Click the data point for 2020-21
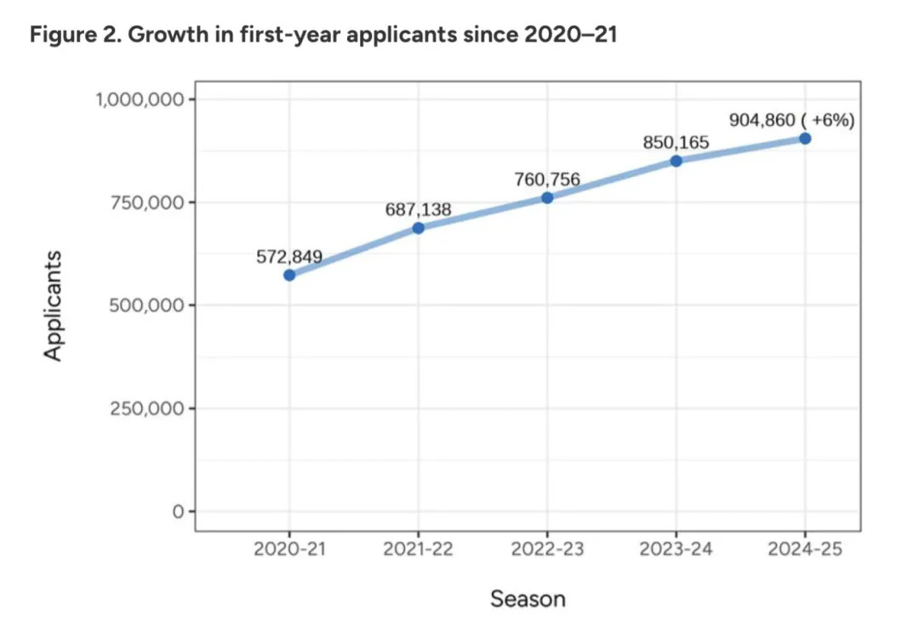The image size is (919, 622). point(289,275)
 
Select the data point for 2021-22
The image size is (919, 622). point(418,228)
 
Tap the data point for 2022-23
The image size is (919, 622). point(547,197)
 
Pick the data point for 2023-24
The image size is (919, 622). point(676,161)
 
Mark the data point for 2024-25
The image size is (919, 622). point(805,138)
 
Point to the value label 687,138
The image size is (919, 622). point(418,208)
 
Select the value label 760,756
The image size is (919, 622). point(547,179)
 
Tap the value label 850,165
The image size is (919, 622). point(676,142)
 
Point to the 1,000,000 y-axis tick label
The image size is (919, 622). point(140,100)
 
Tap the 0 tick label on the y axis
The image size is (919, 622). point(178,511)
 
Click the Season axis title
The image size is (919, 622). point(528,599)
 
